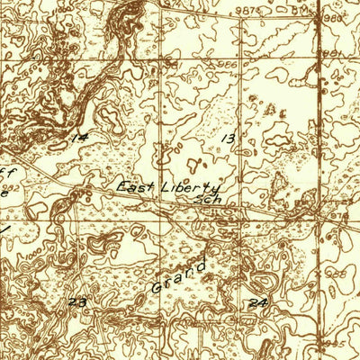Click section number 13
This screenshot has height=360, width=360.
pos(229,138)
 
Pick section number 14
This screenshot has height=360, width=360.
pos(81,138)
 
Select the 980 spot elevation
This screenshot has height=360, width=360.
pos(334,17)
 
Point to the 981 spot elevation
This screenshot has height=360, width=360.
pos(334,54)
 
